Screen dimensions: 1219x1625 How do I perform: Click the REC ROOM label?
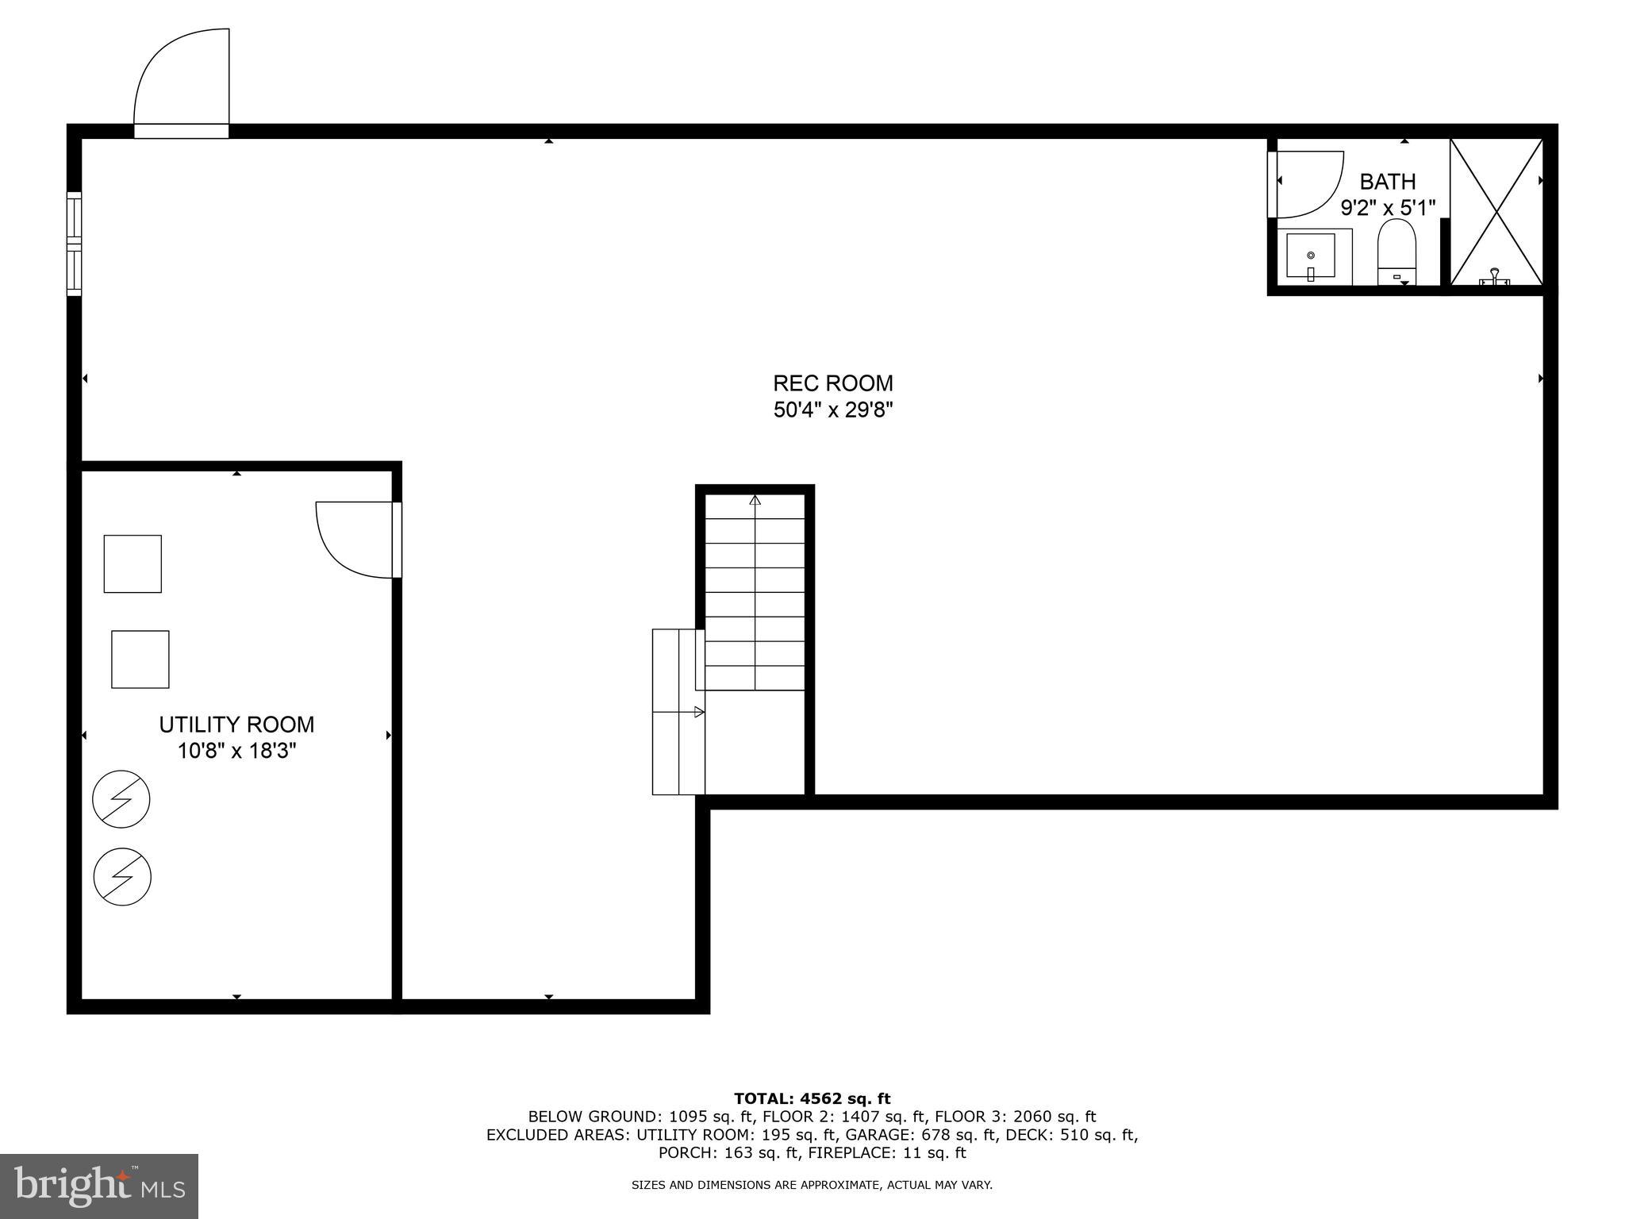[x=833, y=383]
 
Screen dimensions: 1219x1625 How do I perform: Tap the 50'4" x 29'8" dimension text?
[x=833, y=410]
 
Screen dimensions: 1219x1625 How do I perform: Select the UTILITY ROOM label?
[x=236, y=725]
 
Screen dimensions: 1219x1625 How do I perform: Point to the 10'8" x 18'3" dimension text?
[x=236, y=751]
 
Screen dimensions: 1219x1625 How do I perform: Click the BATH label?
[x=1388, y=182]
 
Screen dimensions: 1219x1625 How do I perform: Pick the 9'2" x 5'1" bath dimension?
[x=1388, y=209]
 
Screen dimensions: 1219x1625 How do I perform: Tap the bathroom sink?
[x=1310, y=256]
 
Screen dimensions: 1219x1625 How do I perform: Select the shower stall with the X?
[x=1496, y=211]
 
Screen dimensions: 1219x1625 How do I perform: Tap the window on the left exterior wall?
[x=74, y=244]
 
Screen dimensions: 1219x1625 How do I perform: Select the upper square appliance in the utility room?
[x=133, y=563]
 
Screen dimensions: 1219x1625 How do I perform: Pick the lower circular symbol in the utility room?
[x=122, y=877]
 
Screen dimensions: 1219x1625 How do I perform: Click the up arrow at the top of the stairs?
[x=755, y=501]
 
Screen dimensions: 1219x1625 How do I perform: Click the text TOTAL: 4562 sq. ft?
[x=812, y=1099]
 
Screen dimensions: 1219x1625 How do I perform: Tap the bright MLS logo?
[x=99, y=1186]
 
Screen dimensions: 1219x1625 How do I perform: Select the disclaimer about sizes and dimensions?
[x=812, y=1185]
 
